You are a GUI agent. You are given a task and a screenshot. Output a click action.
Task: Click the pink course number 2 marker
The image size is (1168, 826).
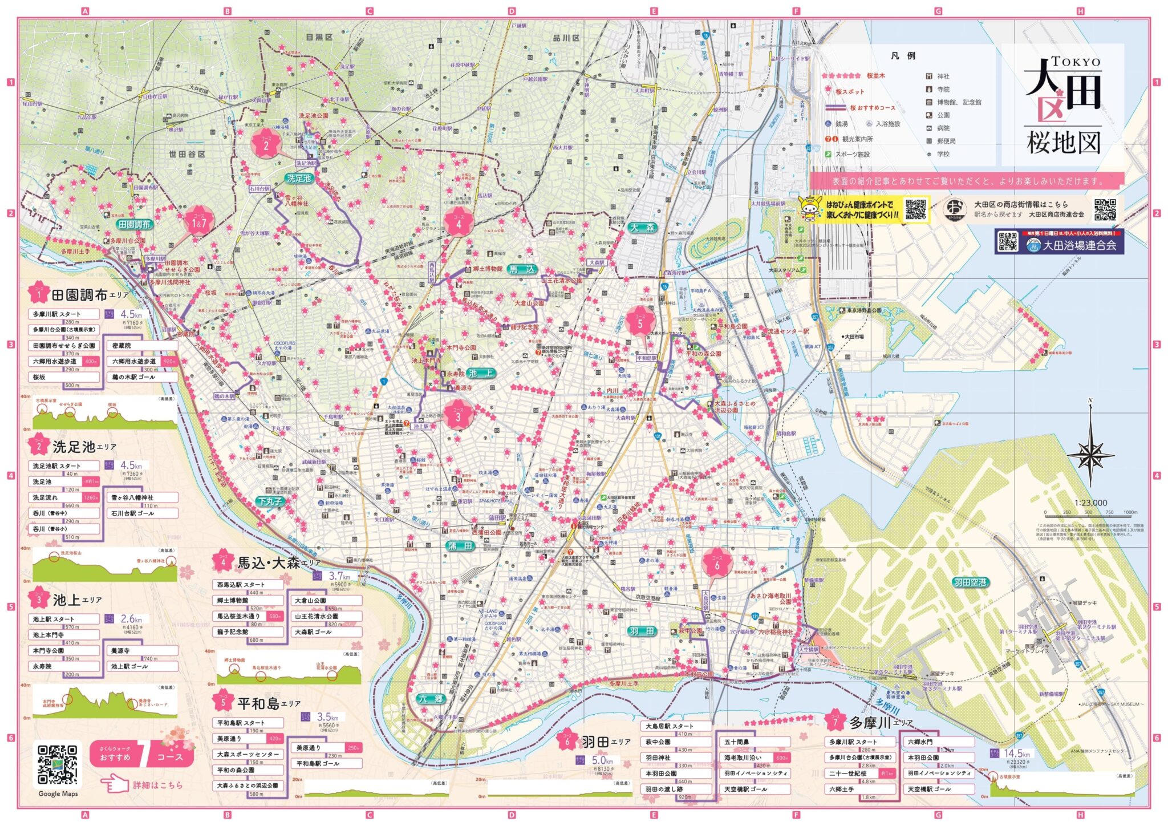(266, 143)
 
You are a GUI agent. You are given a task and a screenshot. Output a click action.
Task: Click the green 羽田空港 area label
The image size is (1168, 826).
(970, 582)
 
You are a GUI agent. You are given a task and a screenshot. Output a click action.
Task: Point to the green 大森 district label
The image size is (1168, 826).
(643, 228)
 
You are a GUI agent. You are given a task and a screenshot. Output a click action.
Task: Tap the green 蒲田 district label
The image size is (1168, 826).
(460, 546)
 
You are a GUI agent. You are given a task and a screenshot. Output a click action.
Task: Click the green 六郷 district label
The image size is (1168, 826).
(431, 699)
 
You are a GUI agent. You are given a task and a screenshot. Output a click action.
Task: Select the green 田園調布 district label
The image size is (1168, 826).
(135, 225)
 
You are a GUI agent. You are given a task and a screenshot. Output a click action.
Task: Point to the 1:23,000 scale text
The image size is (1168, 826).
(1090, 503)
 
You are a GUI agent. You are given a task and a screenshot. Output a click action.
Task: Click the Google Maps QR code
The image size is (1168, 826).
(58, 764)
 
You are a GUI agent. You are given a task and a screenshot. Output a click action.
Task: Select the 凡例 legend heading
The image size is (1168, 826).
(903, 56)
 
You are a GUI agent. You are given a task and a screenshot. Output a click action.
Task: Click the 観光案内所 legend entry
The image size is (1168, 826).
(857, 139)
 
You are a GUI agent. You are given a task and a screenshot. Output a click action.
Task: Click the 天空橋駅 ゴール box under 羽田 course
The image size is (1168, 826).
(753, 789)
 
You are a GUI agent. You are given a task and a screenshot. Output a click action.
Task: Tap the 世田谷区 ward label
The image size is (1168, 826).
(186, 154)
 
